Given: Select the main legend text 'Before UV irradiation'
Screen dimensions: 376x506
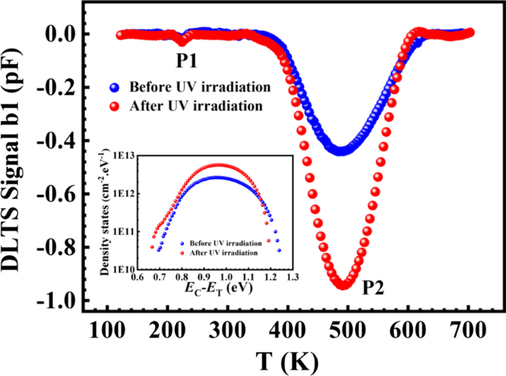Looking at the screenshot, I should [199, 86].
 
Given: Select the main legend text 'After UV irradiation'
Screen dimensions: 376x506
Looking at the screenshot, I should [195, 105].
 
